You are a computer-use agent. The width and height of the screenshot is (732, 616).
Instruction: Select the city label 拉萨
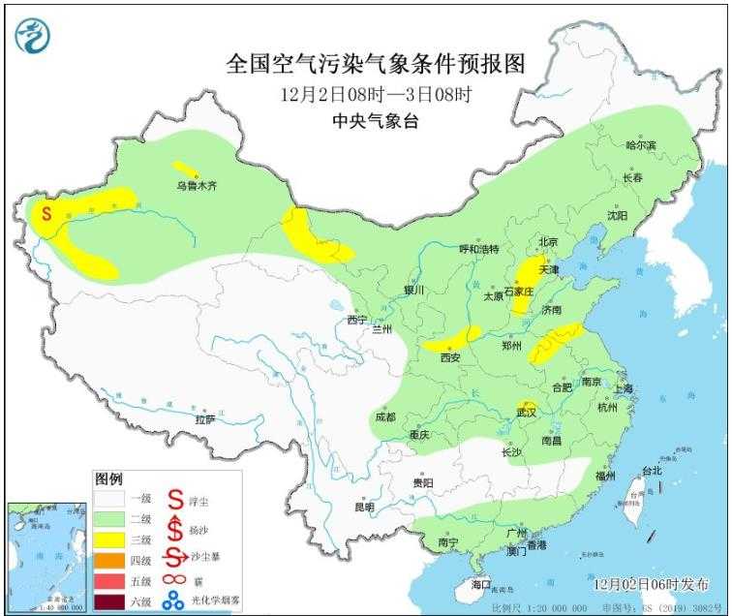204,419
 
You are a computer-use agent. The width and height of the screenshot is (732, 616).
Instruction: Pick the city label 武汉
526,414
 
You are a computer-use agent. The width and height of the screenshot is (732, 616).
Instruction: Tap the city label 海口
481,585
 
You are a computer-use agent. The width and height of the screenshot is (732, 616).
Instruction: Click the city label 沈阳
617,215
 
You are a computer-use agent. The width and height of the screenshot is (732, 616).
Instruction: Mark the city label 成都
384,416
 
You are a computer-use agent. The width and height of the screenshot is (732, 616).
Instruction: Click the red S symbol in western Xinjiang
45,211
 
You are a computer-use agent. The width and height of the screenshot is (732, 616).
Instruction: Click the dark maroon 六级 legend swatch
109,601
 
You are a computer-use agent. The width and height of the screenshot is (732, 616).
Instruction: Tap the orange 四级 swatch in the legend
109,559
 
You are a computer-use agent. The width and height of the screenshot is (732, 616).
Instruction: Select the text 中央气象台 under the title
376,121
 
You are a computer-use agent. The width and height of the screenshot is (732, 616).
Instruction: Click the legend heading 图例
108,479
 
